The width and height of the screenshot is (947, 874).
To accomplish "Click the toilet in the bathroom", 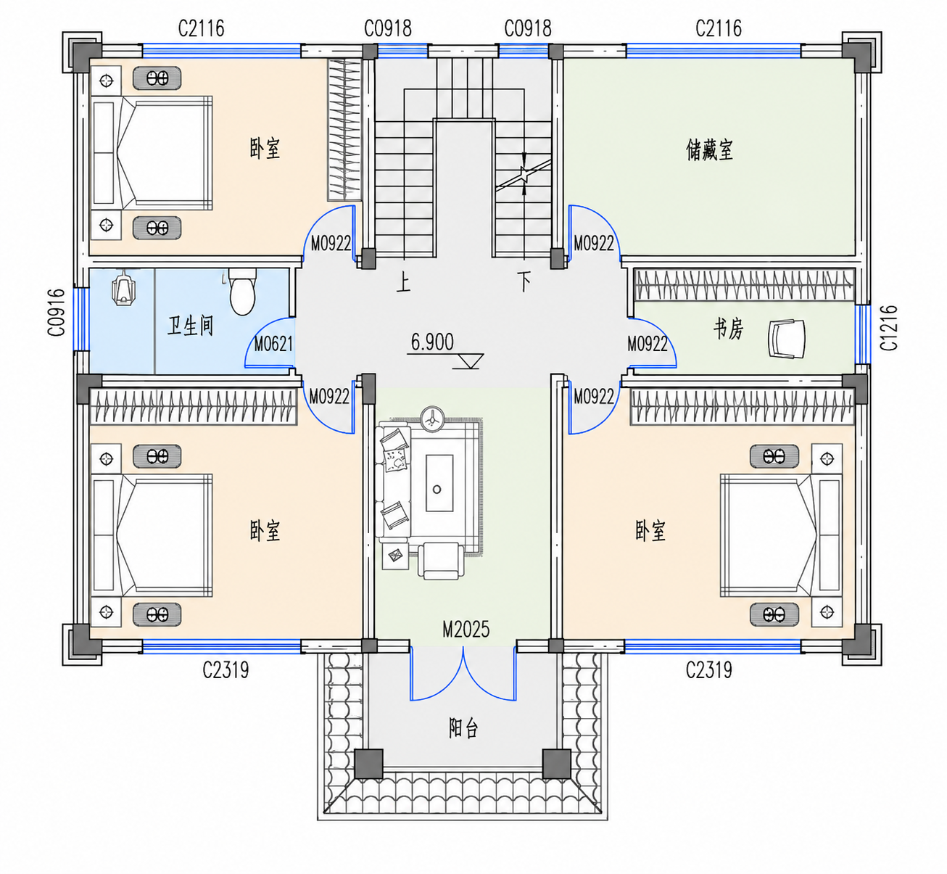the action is [242, 292].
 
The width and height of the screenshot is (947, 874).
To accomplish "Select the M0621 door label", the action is [273, 344].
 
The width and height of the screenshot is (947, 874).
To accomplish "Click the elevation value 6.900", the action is [432, 342].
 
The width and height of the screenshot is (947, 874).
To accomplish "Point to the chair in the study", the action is [786, 338].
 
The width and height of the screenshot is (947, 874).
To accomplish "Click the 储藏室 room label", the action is [709, 150].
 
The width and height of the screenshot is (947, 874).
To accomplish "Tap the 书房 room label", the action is [728, 329].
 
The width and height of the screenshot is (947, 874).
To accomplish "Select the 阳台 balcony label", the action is [463, 728].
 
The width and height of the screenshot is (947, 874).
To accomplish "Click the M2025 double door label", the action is [466, 630].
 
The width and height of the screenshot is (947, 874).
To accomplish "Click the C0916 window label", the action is [57, 313].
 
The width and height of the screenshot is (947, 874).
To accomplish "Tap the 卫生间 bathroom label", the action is [190, 326].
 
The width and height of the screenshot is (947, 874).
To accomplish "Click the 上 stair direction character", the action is [403, 282].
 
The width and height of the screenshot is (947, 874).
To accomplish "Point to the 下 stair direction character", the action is [524, 281].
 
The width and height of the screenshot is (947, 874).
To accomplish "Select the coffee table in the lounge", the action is [439, 483].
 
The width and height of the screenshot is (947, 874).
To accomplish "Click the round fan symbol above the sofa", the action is [433, 420].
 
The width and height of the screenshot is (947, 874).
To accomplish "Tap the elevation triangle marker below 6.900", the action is [468, 361].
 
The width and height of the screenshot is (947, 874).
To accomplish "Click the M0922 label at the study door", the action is [647, 344].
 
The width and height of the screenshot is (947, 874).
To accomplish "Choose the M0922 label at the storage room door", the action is [594, 243].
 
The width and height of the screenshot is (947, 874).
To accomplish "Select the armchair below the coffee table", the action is [442, 560].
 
